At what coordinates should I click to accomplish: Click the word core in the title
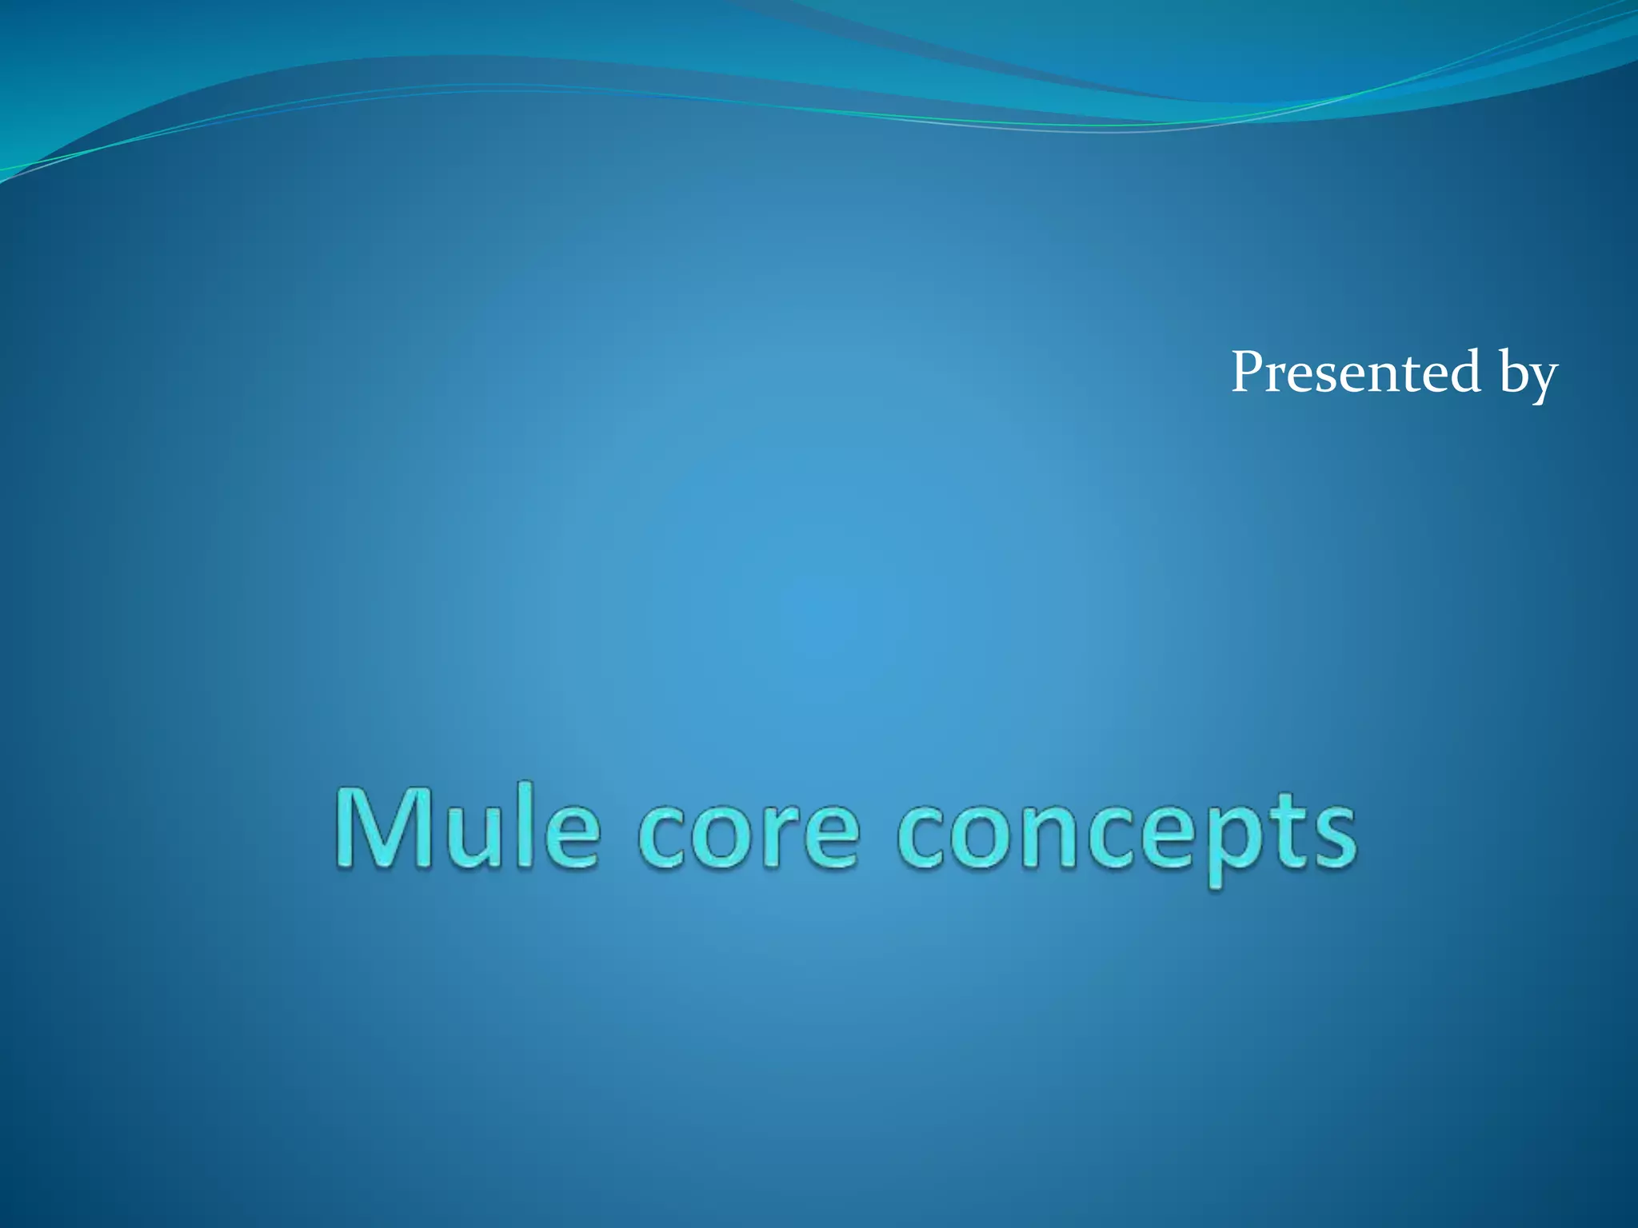click(x=748, y=835)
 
